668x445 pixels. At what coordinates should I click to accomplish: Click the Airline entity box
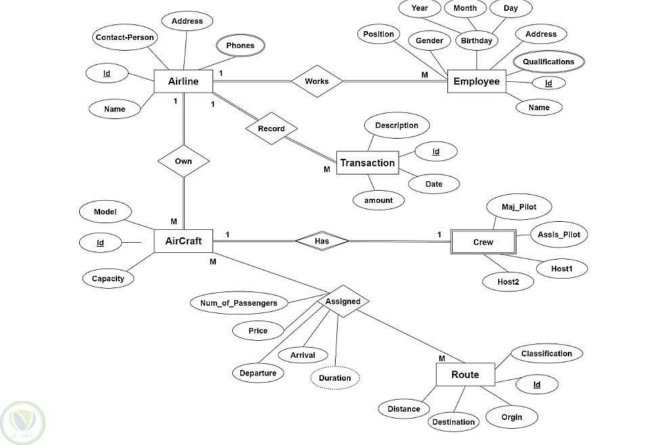183,82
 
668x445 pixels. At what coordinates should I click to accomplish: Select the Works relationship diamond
317,81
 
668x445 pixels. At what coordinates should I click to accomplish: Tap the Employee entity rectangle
476,82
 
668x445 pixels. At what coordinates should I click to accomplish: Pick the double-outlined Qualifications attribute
548,62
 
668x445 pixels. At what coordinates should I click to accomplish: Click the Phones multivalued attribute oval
240,46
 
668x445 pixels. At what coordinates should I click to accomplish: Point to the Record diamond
271,128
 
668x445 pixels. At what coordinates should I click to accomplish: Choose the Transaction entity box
367,163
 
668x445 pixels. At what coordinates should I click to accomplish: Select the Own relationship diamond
183,162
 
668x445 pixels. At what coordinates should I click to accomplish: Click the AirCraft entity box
183,241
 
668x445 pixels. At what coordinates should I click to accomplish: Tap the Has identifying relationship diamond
321,240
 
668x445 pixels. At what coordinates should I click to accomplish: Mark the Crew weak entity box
483,242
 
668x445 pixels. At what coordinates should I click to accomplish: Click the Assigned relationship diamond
343,302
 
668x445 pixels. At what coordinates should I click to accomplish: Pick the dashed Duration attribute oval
335,378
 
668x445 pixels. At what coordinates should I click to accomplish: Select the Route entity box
465,375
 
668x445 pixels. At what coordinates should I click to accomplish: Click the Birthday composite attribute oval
477,41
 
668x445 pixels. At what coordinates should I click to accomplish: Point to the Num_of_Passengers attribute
239,303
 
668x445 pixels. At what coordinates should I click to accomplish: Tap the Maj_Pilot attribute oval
518,206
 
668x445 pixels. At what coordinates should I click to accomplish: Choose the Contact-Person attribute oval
125,37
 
